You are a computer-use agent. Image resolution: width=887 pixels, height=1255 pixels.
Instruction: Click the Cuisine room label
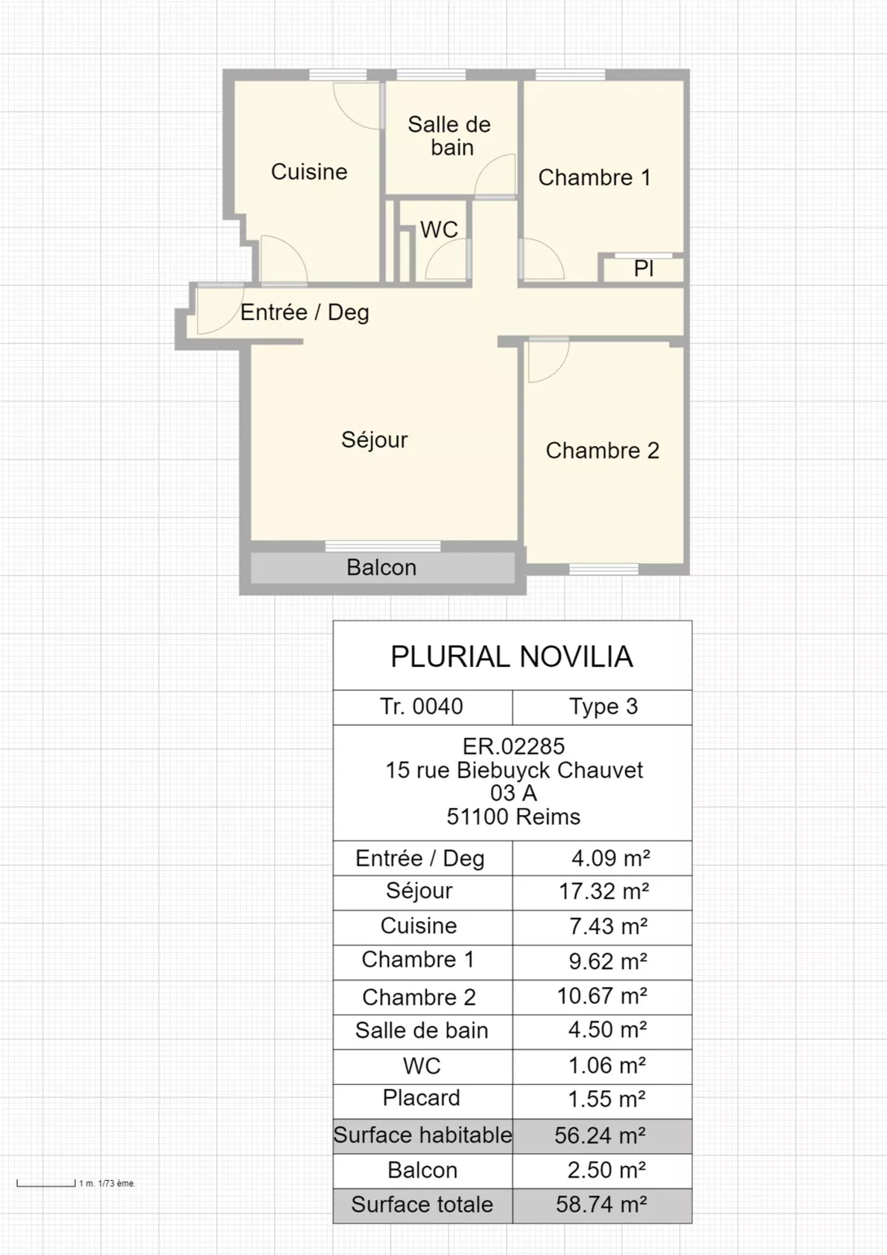pos(309,172)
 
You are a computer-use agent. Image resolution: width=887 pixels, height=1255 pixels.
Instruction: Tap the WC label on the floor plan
pos(439,229)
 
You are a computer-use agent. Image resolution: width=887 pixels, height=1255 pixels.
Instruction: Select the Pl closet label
pos(644,269)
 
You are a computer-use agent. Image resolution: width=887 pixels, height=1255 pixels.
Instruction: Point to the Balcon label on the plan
pos(382,568)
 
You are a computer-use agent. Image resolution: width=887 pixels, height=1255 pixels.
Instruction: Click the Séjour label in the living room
pos(374,440)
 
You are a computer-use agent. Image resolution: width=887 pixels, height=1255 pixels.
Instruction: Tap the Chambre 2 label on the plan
pos(602,450)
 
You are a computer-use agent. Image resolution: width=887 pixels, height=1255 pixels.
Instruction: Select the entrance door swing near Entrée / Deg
pos(220,309)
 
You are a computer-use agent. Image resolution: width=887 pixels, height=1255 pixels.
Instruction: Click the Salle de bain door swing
pos(495,175)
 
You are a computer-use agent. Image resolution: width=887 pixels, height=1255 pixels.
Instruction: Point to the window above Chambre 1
pos(570,74)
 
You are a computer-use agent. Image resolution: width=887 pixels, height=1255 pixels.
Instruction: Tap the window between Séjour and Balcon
pos(383,546)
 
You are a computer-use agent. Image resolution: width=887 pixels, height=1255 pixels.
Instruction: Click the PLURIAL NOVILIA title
pos(512,656)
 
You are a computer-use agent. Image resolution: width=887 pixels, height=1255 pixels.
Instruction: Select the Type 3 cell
pos(603,707)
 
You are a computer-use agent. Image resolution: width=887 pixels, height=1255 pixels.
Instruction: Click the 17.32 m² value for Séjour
pos(604,892)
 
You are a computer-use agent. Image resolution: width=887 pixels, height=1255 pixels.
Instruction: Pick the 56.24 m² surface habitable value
pos(601,1135)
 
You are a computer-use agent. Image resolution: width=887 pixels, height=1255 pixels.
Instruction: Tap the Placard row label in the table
pos(421,1098)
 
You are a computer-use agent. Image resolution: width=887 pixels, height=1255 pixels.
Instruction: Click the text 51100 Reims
pos(513,817)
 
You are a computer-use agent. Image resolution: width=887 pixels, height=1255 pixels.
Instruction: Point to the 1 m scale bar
pos(46,1184)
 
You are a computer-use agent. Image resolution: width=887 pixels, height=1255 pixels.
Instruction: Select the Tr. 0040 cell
pos(422,707)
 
